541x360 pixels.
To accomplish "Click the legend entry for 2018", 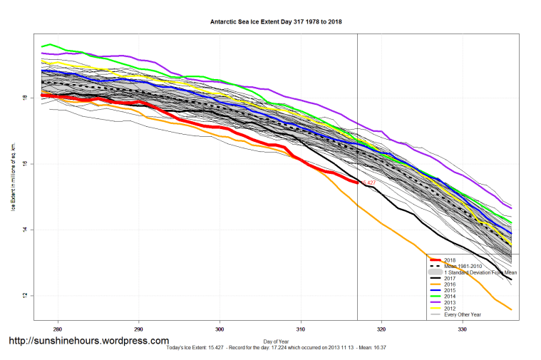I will coord(450,259).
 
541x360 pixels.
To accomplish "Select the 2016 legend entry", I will coord(450,284).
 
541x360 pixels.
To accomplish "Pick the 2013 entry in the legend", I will coord(450,303).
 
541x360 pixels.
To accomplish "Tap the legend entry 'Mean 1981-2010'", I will coord(463,266).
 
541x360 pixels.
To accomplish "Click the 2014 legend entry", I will coord(450,297).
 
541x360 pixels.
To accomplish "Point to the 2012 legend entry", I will coord(450,309).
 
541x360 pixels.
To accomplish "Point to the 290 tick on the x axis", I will coord(138,329).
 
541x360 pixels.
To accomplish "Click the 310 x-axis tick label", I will coord(301,329).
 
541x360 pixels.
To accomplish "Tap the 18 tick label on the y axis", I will coord(24,98).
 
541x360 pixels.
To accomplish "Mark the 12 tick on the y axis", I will coord(24,296).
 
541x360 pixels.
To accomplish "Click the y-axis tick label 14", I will coord(24,230).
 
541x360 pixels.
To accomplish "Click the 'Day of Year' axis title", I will coord(276,341).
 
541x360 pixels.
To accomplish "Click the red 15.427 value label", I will coord(369,183).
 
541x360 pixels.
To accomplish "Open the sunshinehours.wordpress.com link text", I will coord(89,341).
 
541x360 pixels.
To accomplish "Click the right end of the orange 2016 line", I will coord(511,309).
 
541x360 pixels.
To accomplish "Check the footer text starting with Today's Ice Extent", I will coord(270,348).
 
